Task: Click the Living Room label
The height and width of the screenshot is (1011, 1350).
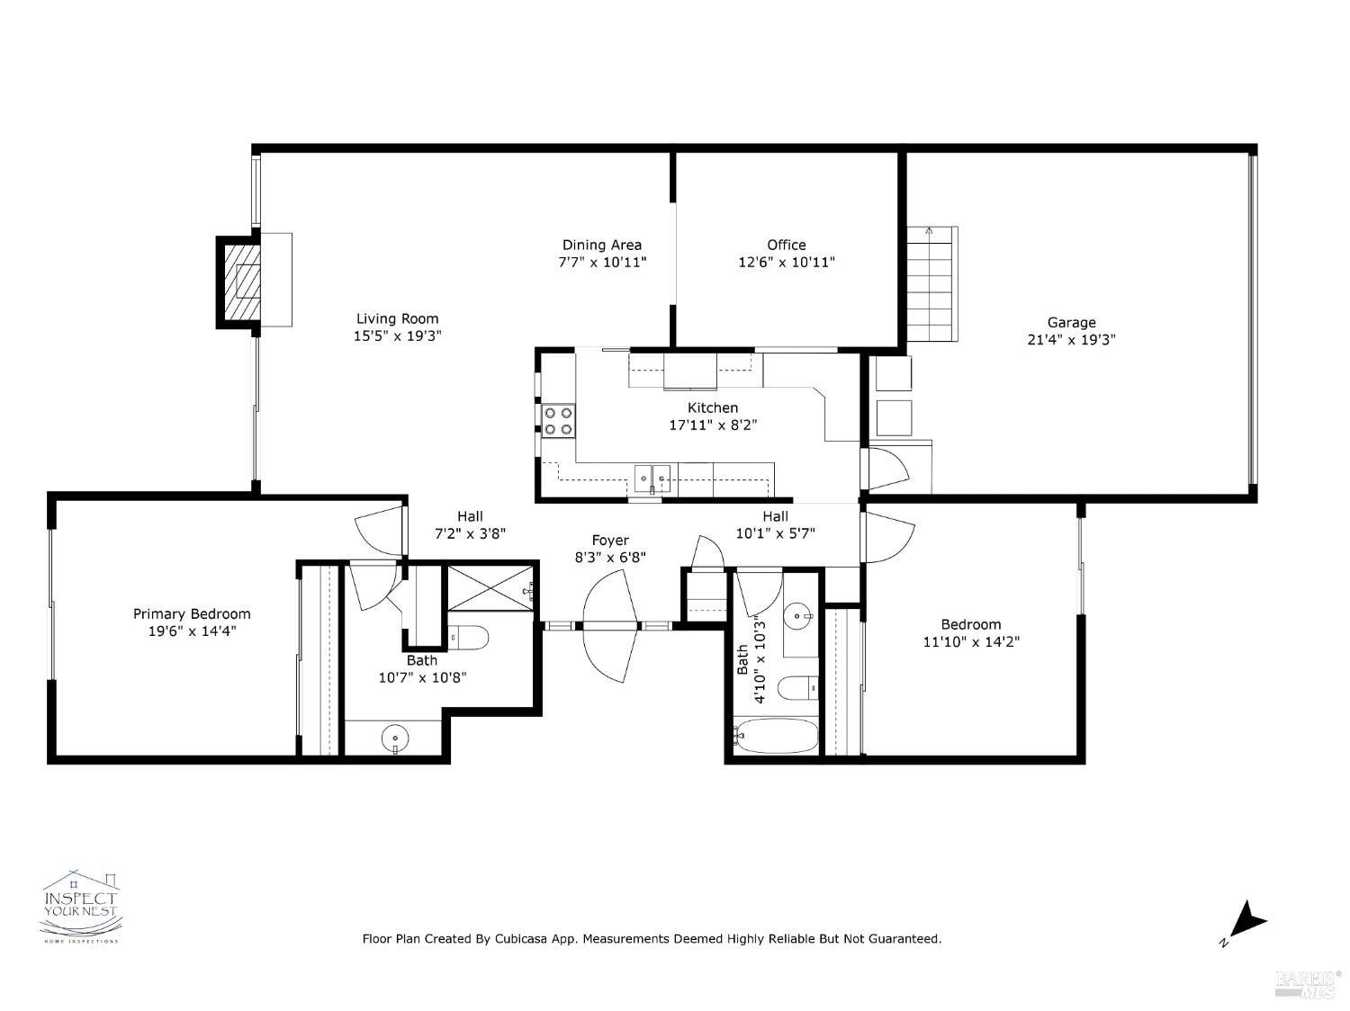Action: (397, 318)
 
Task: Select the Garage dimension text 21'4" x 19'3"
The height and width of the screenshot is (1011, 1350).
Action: (1071, 340)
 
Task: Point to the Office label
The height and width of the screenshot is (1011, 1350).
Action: (786, 245)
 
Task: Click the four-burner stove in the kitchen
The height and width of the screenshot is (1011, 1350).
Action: (558, 421)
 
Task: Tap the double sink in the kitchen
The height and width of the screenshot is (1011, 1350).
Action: (652, 477)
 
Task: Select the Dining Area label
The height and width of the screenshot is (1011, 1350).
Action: (601, 245)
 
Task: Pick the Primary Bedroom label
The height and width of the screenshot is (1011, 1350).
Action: (192, 613)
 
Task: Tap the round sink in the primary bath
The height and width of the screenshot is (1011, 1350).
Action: (394, 739)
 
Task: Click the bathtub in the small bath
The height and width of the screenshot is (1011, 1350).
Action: (775, 736)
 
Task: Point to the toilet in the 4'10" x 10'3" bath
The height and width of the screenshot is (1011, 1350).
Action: (797, 688)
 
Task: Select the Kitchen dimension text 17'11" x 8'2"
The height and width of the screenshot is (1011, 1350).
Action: (712, 425)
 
